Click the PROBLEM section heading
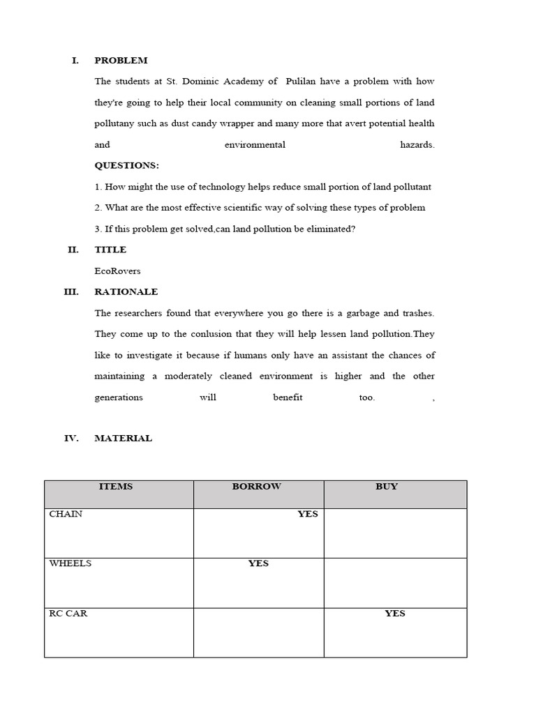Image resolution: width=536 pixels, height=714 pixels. click(121, 61)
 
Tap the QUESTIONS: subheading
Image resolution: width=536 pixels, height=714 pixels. click(126, 165)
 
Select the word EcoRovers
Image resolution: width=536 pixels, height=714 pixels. click(117, 271)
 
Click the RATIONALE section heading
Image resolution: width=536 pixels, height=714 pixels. click(126, 291)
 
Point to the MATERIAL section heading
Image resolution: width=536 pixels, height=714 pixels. click(123, 439)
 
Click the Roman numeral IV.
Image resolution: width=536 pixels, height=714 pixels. click(72, 439)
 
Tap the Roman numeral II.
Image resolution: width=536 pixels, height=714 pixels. click(73, 250)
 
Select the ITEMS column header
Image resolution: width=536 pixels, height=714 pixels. click(116, 487)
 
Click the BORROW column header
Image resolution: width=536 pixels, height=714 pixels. click(256, 487)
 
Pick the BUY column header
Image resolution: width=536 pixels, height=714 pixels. click(386, 487)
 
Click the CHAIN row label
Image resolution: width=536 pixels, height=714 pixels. click(66, 514)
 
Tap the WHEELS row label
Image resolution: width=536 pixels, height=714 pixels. click(70, 563)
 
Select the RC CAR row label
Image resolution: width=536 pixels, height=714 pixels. click(68, 614)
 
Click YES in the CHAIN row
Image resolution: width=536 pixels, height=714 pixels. click(307, 514)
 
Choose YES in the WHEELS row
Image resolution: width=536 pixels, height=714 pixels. click(258, 563)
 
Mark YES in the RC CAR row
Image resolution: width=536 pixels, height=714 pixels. click(394, 614)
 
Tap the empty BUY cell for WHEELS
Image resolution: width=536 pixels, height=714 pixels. click(395, 582)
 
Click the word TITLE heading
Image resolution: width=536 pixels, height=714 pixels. click(110, 250)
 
